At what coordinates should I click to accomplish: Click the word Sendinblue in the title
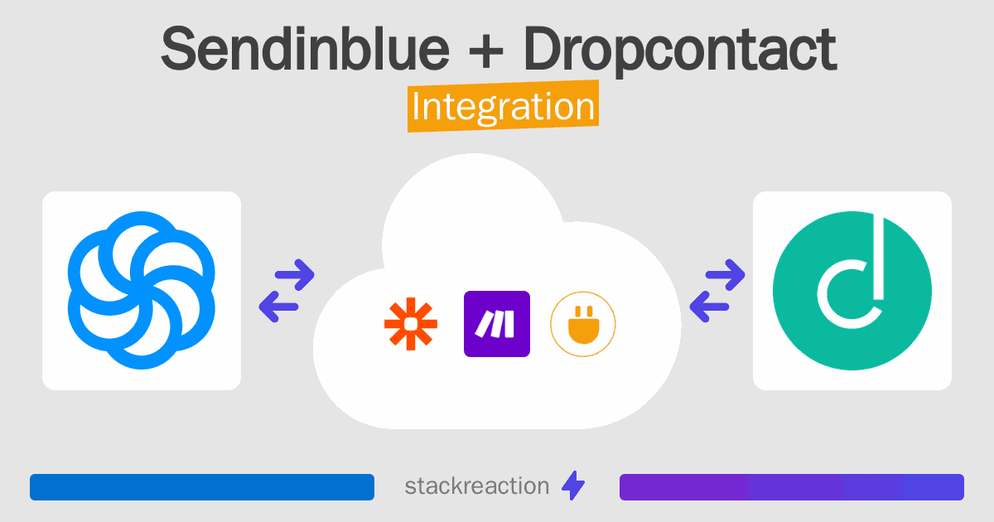(306, 49)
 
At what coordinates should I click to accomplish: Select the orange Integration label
(504, 106)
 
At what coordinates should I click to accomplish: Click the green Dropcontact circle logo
(852, 291)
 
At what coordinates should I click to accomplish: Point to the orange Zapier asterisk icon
(411, 324)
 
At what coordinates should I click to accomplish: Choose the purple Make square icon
(497, 324)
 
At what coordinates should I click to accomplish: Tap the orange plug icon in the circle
(583, 325)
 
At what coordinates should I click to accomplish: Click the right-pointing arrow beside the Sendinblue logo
(295, 275)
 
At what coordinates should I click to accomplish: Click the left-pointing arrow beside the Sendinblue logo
(278, 307)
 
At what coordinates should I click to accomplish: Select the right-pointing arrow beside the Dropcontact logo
(725, 275)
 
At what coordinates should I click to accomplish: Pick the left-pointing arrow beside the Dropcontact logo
(709, 307)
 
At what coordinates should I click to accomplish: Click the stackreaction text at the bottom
(477, 486)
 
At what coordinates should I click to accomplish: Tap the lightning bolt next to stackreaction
(573, 486)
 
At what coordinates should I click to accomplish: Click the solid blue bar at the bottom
(202, 487)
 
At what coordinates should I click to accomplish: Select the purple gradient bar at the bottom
(792, 487)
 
